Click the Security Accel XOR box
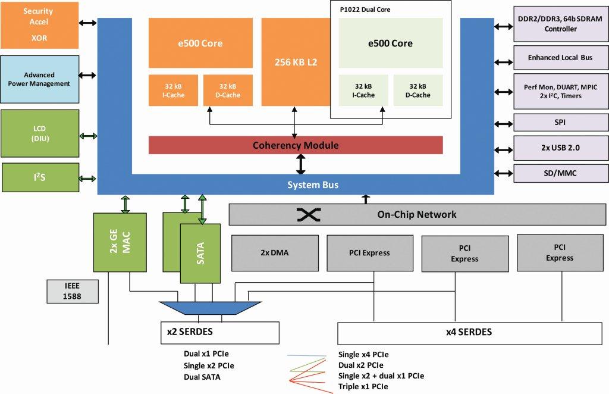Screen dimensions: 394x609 (39, 24)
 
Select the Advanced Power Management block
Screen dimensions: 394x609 (39, 79)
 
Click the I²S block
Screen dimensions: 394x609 (39, 177)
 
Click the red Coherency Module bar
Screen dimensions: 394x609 (296, 145)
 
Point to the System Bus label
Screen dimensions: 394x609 (313, 185)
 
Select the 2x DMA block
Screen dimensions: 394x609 (275, 253)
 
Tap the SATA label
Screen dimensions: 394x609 (200, 253)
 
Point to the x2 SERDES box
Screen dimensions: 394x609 (219, 332)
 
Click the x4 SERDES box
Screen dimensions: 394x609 (469, 332)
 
